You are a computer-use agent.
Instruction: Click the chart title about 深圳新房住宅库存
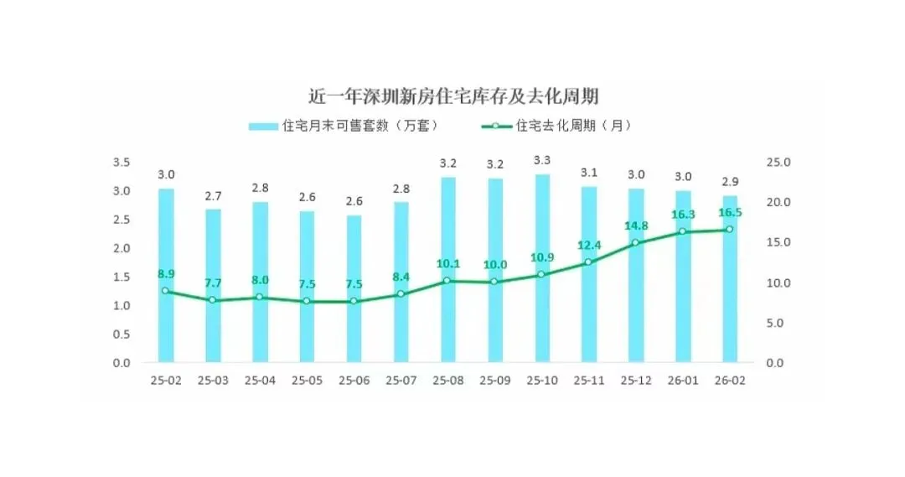pos(452,96)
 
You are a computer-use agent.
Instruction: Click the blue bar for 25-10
pos(542,268)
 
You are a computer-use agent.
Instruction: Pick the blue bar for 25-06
pos(354,289)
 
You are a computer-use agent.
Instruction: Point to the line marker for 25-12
pos(636,243)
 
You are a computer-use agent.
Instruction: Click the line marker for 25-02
pos(166,291)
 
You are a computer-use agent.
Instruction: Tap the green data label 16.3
pos(682,215)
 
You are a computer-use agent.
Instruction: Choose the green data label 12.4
pos(589,245)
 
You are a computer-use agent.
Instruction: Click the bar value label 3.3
pos(542,159)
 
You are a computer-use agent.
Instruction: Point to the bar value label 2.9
pos(730,181)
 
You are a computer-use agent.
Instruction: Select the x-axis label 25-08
pos(448,381)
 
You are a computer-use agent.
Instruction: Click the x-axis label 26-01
pos(683,381)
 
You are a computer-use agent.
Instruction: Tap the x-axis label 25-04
pos(260,381)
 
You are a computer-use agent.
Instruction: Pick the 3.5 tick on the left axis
pos(122,162)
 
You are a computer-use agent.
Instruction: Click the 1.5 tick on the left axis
pos(122,277)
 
